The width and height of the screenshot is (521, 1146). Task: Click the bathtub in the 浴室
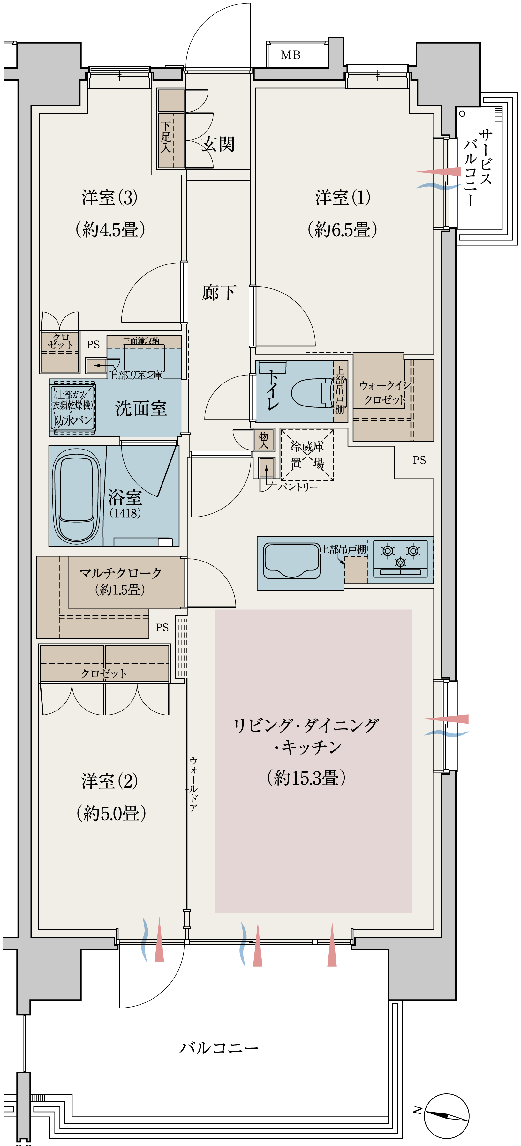pos(76,494)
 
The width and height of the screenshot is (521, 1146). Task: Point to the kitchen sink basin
pos(292,561)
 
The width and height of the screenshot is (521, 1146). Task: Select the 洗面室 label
pos(141,408)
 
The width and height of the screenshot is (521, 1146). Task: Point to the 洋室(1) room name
pos(343,197)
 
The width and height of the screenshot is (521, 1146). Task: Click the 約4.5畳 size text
pos(110,230)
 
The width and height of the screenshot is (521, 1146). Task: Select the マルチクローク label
pos(121,573)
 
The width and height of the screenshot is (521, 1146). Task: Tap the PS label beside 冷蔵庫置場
pos(419,460)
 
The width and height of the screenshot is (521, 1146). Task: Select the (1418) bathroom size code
pos(125,513)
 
